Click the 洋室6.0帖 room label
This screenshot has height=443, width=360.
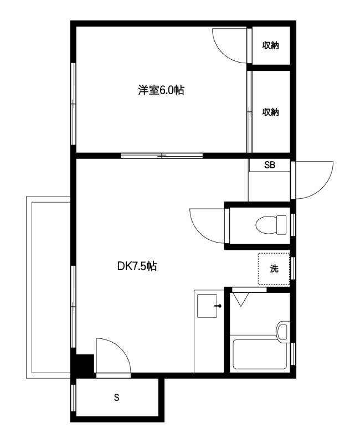point(161,90)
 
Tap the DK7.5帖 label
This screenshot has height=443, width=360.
point(137,266)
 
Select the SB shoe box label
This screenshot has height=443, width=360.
point(270,165)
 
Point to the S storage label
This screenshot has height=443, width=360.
point(116,398)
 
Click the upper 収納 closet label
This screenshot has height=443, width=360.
point(271,45)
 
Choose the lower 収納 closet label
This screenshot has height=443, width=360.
point(271,112)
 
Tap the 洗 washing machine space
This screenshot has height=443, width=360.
point(274,269)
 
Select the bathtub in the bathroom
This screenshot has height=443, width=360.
point(260,354)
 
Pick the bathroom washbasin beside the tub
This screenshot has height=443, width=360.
point(283,332)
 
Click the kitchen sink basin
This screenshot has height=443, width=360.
point(207,306)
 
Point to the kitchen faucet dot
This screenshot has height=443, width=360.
point(219,306)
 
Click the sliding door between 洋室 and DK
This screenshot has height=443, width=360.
point(162,156)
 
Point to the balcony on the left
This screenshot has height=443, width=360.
point(48,287)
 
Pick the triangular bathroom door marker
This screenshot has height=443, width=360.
point(240,300)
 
